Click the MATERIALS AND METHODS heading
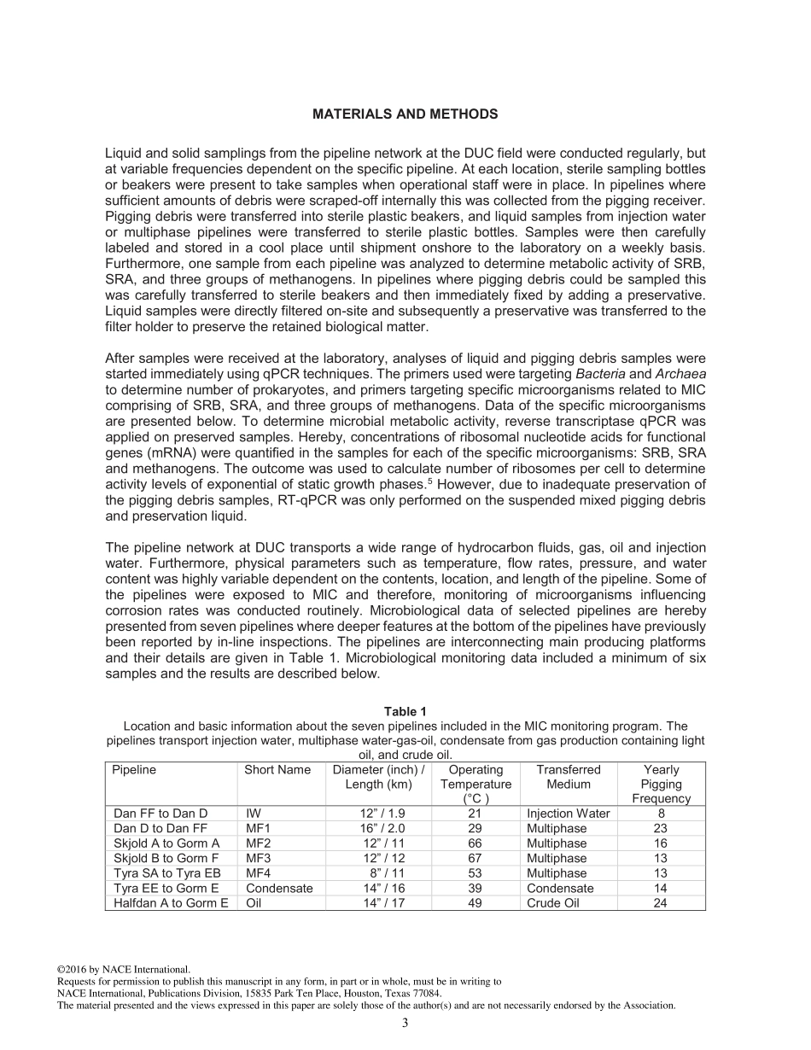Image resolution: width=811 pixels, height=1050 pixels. point(405,114)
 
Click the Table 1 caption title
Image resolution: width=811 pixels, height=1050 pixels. point(405,711)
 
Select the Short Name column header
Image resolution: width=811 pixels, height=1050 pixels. point(277,770)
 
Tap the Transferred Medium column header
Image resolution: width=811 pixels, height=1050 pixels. point(568,777)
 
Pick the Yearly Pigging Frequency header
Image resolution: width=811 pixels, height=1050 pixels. point(661,784)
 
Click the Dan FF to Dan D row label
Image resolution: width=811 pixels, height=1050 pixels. point(160,814)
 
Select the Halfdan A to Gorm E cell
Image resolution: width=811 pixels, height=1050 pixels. point(171,903)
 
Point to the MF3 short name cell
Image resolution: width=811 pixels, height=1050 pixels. point(260,858)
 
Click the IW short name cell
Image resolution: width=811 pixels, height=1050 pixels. point(254,814)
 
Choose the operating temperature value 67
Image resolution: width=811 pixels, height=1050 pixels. point(476,858)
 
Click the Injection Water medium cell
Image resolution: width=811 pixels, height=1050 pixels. point(568,814)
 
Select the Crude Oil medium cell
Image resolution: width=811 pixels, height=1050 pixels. point(552,903)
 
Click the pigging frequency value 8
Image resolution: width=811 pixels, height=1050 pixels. point(661,814)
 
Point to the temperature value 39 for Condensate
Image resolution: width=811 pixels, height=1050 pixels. point(476,888)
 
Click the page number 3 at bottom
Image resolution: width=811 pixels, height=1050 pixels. point(405,1023)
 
